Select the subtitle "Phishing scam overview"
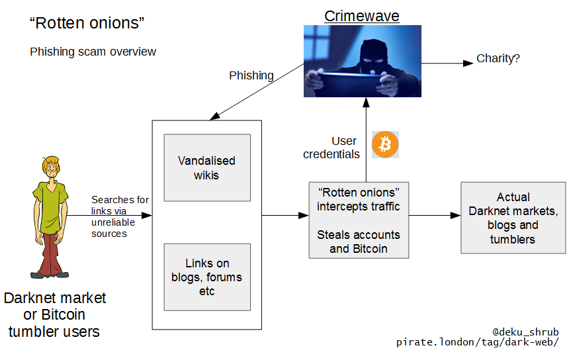pos(93,52)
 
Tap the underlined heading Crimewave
pos(362,15)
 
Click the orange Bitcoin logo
pos(384,144)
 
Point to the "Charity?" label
pos(498,59)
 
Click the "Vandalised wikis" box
pos(207,167)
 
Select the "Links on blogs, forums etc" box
pos(207,277)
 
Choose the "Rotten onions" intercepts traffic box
pos(358,220)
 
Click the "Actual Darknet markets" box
pos(513,218)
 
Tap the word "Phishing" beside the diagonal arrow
pos(251,75)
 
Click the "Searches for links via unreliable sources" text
pos(120,216)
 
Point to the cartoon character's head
pos(51,168)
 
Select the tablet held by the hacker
pos(350,83)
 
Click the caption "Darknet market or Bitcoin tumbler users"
pos(54,314)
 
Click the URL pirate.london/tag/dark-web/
pos(477,342)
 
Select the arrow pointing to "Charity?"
pos(446,64)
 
